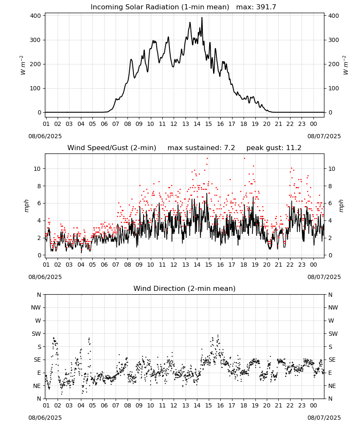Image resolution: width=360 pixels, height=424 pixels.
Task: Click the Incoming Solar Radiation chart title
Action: click(x=160, y=7)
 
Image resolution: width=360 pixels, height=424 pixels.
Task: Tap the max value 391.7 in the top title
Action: click(x=266, y=7)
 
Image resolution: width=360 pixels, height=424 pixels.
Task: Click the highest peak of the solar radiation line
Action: click(x=202, y=17)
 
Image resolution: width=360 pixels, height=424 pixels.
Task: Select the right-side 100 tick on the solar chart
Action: click(x=333, y=89)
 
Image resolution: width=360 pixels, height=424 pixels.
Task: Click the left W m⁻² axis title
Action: click(x=23, y=65)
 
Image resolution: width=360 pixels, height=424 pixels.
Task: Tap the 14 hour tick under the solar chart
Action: click(x=197, y=124)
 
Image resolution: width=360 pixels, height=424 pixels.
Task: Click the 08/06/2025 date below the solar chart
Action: click(x=45, y=136)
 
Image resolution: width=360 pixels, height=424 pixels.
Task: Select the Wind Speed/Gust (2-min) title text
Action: click(x=111, y=148)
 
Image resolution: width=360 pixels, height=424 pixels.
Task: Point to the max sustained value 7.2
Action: click(x=230, y=148)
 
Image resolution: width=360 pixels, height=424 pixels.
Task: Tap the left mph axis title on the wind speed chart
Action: click(x=26, y=206)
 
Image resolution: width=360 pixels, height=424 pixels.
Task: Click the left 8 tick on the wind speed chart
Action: click(x=39, y=186)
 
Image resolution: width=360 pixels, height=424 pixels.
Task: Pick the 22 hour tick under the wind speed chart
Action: click(x=290, y=265)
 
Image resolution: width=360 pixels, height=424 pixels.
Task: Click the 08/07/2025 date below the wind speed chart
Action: click(x=324, y=277)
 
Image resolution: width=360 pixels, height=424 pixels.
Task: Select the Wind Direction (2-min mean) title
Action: click(x=185, y=288)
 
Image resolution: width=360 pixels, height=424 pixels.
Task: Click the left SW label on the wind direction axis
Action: click(x=36, y=334)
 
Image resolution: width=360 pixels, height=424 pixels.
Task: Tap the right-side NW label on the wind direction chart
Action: click(x=333, y=307)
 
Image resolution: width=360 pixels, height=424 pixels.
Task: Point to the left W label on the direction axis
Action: click(x=38, y=321)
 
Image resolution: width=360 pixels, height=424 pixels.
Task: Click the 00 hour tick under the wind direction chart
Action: click(x=313, y=405)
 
